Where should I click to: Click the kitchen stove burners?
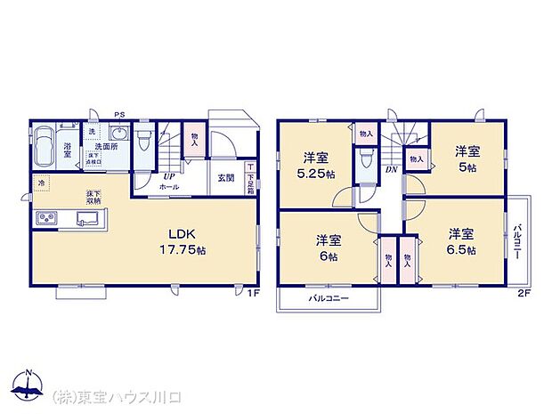pos(45,219)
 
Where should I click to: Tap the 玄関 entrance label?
pos(226,177)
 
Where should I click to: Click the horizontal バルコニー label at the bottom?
pos(328,299)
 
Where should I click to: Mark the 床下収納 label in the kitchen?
pos(93,197)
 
